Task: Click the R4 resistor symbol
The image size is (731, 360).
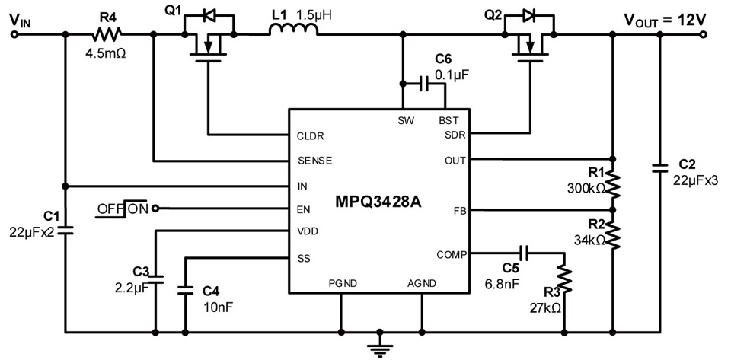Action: (107, 34)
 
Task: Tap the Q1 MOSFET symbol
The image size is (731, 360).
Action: (206, 42)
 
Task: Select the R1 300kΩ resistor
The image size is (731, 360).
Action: (614, 184)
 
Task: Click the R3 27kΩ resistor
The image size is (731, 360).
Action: (563, 282)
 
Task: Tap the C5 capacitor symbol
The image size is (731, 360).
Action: (523, 253)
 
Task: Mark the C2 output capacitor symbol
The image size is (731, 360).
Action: (659, 168)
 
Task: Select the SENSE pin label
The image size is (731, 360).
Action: (314, 161)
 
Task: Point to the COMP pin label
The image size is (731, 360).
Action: (450, 254)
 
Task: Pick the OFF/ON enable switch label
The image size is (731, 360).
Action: (123, 208)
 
